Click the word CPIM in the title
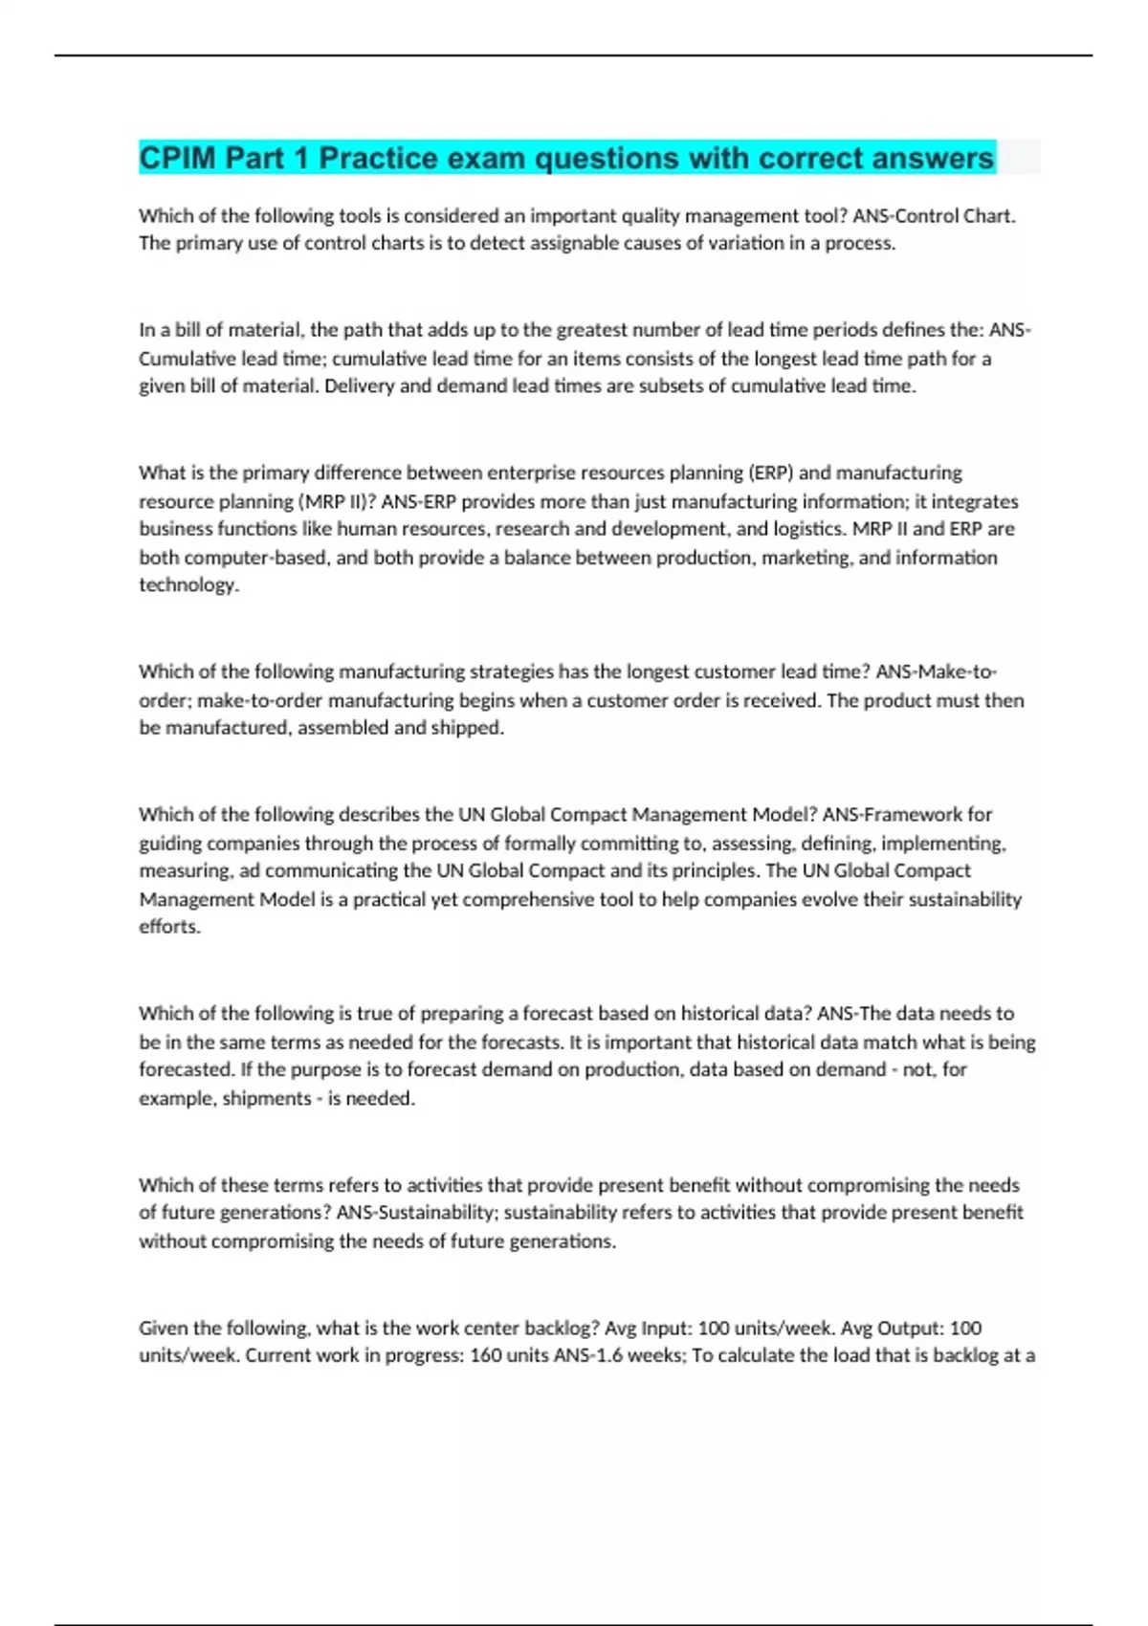[177, 158]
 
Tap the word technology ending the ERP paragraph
[188, 585]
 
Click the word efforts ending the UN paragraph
[168, 927]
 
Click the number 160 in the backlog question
[486, 1355]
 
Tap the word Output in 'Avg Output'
[912, 1329]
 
